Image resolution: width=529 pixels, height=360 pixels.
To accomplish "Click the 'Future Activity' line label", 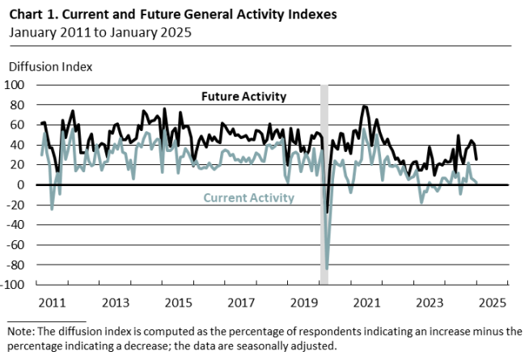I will tap(243, 97).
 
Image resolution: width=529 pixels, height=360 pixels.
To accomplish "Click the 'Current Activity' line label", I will tap(248, 197).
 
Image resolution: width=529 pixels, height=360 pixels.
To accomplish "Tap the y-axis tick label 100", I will tap(17, 84).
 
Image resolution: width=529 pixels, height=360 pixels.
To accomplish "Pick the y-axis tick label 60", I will tap(19, 125).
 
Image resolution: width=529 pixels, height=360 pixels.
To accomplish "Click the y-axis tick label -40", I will tap(18, 225).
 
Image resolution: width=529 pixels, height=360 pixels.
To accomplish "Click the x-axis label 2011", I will tap(53, 303).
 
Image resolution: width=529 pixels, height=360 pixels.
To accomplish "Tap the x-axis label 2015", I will tap(178, 303).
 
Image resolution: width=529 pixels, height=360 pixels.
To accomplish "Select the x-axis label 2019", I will tap(304, 303).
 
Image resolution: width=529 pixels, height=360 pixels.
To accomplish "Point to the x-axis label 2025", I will tap(492, 303).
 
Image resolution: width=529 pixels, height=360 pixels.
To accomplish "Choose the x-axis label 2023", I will tap(430, 303).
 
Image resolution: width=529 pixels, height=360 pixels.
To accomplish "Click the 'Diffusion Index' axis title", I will tap(50, 66).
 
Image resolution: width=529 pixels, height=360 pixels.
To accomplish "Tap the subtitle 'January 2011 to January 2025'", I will tap(101, 32).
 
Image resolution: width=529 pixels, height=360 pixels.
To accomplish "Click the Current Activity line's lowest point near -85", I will tap(327, 269).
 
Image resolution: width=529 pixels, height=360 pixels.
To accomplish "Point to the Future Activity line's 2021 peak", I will tap(365, 106).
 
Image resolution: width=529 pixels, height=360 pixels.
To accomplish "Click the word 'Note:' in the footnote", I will tap(23, 331).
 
